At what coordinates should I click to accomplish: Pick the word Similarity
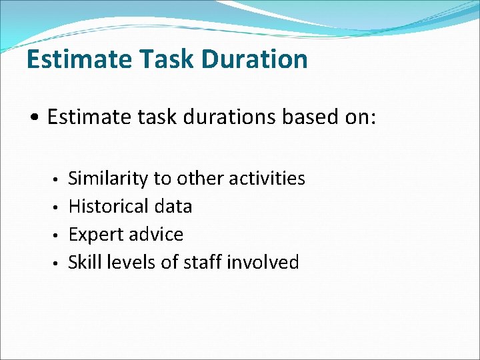109,179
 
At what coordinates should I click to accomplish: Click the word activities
267,179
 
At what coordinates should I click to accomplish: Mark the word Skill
84,263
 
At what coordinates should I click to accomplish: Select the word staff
201,263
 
